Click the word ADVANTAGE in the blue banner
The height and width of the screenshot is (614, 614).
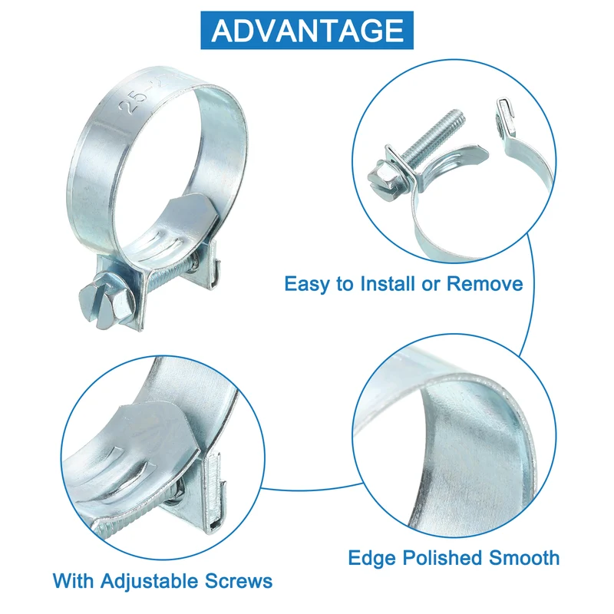pos(308,30)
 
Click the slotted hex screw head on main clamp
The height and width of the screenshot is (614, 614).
pos(103,301)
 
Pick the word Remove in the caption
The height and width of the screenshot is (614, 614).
pos(485,283)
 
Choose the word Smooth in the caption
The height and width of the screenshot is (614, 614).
pos(524,558)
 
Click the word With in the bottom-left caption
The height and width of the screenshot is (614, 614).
pos(73,581)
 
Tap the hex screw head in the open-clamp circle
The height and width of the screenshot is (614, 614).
pos(386,180)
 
